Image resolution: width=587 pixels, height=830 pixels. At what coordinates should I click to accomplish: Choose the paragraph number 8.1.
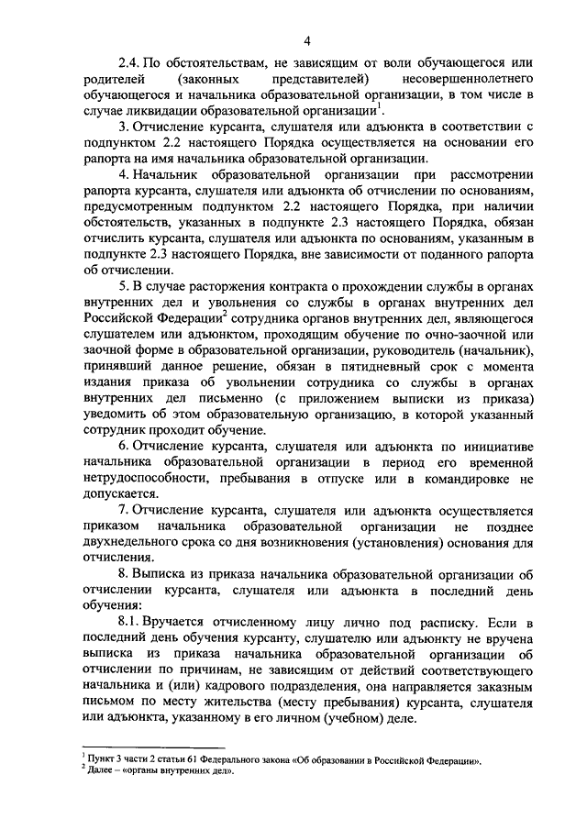(130, 621)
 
